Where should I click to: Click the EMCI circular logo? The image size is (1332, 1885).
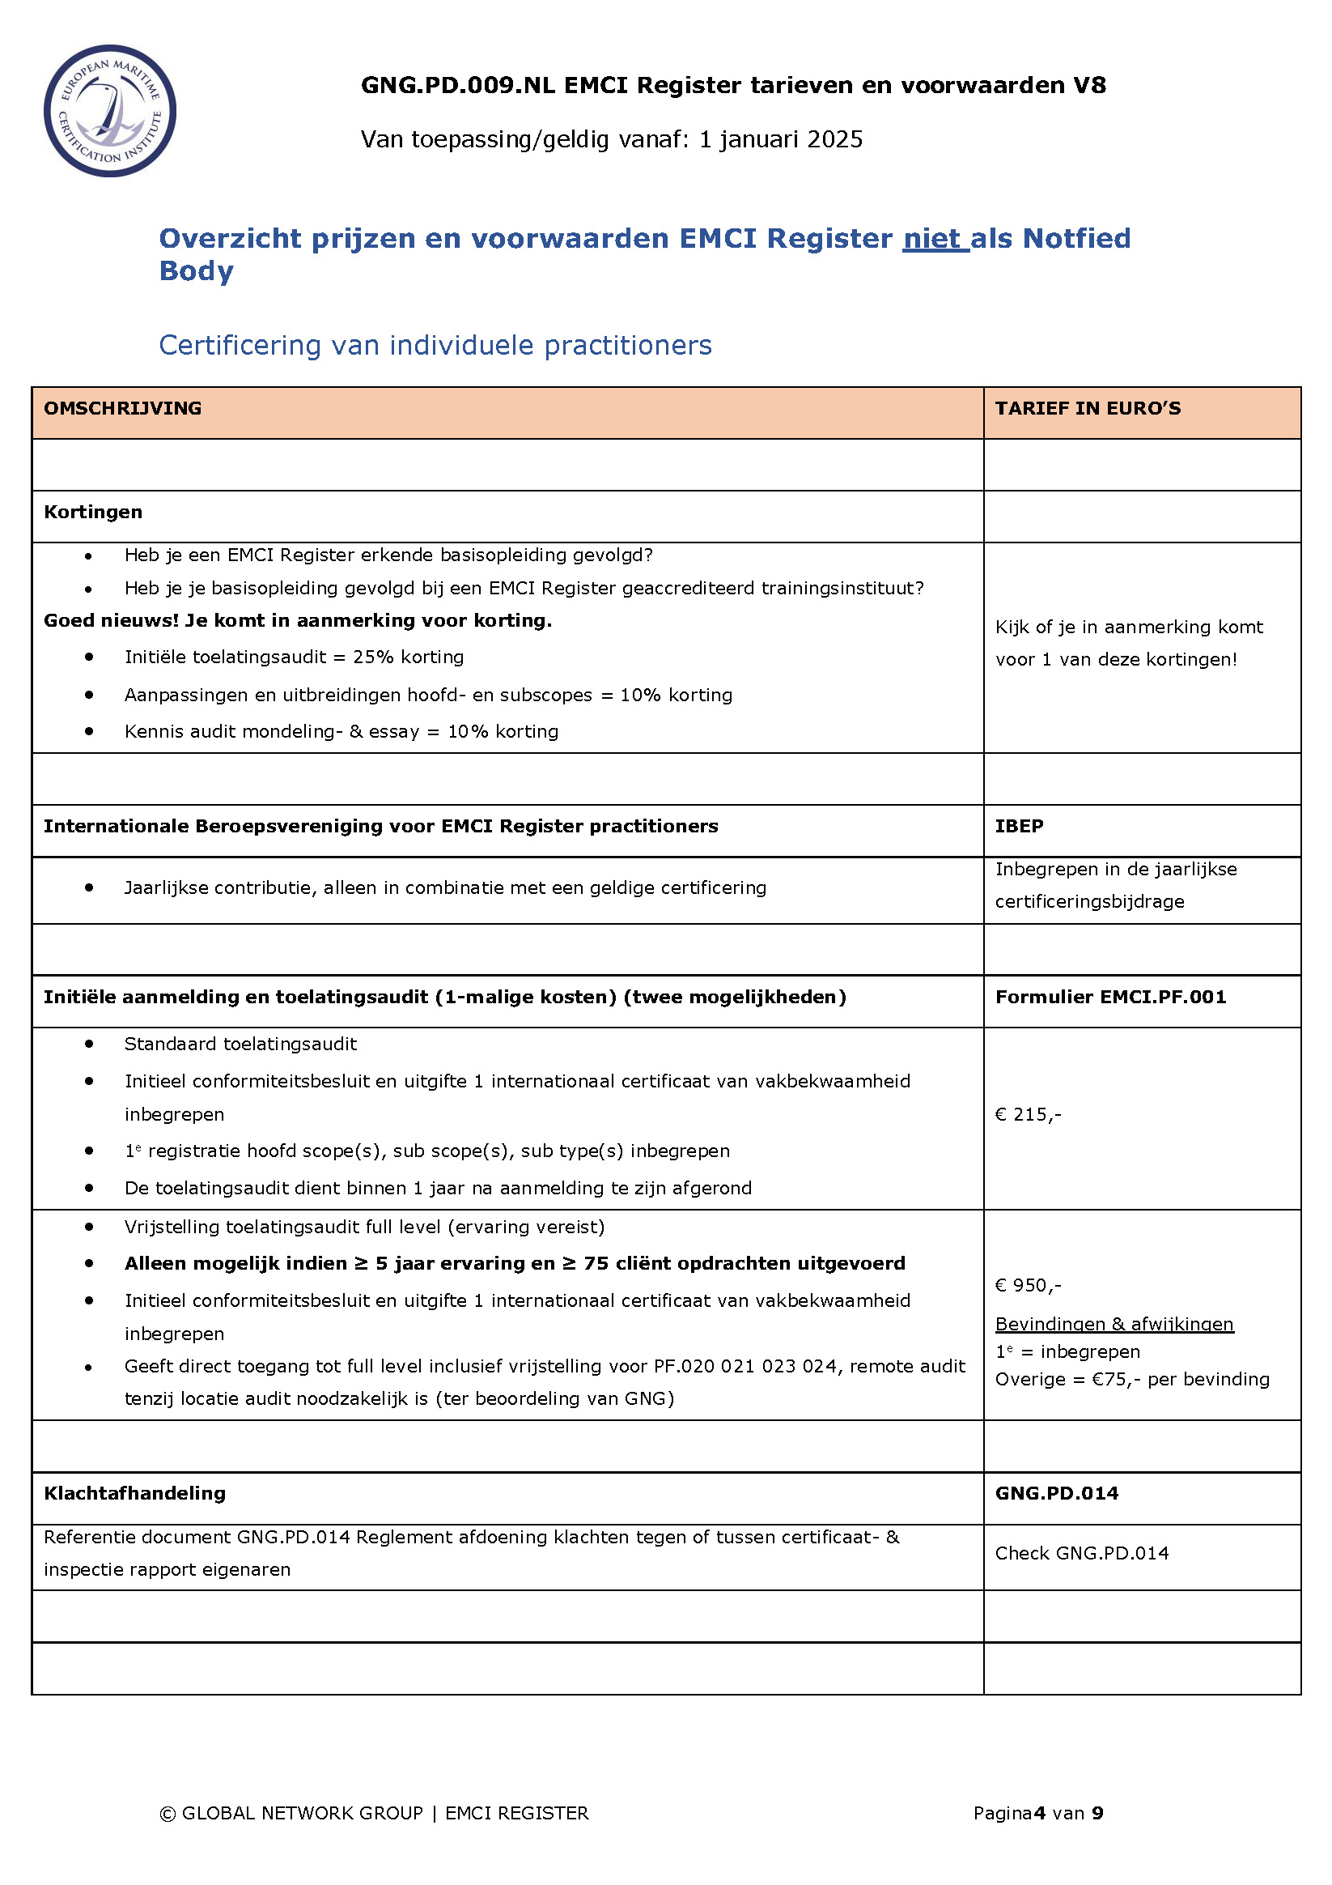pyautogui.click(x=109, y=111)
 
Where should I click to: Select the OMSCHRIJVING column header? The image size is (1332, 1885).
pyautogui.click(x=122, y=408)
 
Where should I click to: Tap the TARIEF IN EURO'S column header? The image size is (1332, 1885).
pyautogui.click(x=1088, y=408)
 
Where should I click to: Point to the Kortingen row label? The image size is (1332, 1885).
pyautogui.click(x=93, y=512)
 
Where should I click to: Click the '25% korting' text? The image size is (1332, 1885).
pyautogui.click(x=408, y=657)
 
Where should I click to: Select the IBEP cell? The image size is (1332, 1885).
pyautogui.click(x=1019, y=826)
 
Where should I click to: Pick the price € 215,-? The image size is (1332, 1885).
pyautogui.click(x=1028, y=1114)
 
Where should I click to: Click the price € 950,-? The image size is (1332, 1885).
pyautogui.click(x=1028, y=1285)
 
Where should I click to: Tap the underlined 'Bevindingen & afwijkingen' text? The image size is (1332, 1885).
pyautogui.click(x=1114, y=1323)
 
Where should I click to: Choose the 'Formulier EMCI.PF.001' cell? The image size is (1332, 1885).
pyautogui.click(x=1109, y=997)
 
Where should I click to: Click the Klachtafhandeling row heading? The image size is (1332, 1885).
pyautogui.click(x=134, y=1492)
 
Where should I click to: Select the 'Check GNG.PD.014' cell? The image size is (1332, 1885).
pyautogui.click(x=1082, y=1552)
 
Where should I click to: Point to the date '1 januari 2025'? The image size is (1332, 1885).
pyautogui.click(x=780, y=139)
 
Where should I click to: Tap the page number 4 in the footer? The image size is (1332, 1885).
pyautogui.click(x=1039, y=1813)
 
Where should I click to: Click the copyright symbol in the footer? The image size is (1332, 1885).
pyautogui.click(x=168, y=1814)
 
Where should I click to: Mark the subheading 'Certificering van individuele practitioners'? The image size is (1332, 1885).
pyautogui.click(x=435, y=345)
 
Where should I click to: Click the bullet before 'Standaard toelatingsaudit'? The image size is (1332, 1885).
pyautogui.click(x=89, y=1044)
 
